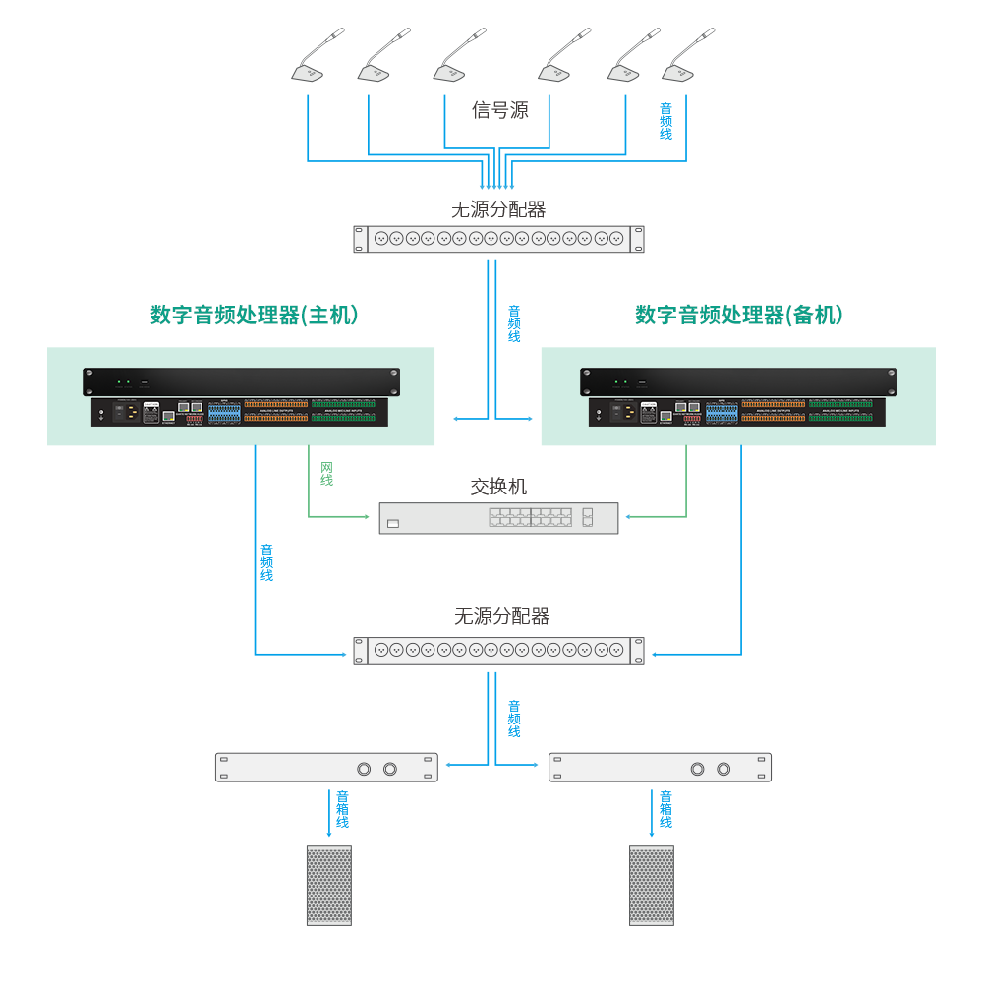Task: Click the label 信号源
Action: click(x=500, y=110)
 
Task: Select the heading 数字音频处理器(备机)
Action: click(x=739, y=316)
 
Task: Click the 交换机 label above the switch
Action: click(x=498, y=487)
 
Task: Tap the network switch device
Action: click(x=498, y=518)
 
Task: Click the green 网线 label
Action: click(x=326, y=473)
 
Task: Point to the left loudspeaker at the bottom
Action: click(x=328, y=885)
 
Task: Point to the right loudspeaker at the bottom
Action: click(x=652, y=885)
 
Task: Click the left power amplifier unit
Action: click(x=325, y=768)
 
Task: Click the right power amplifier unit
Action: click(x=660, y=768)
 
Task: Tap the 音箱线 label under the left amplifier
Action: click(x=342, y=809)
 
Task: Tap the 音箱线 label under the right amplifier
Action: click(x=665, y=809)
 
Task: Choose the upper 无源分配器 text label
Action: click(x=498, y=209)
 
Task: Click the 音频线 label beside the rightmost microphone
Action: click(x=665, y=121)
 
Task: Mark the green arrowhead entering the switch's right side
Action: click(x=628, y=516)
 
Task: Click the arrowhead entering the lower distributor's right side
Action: click(x=655, y=654)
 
